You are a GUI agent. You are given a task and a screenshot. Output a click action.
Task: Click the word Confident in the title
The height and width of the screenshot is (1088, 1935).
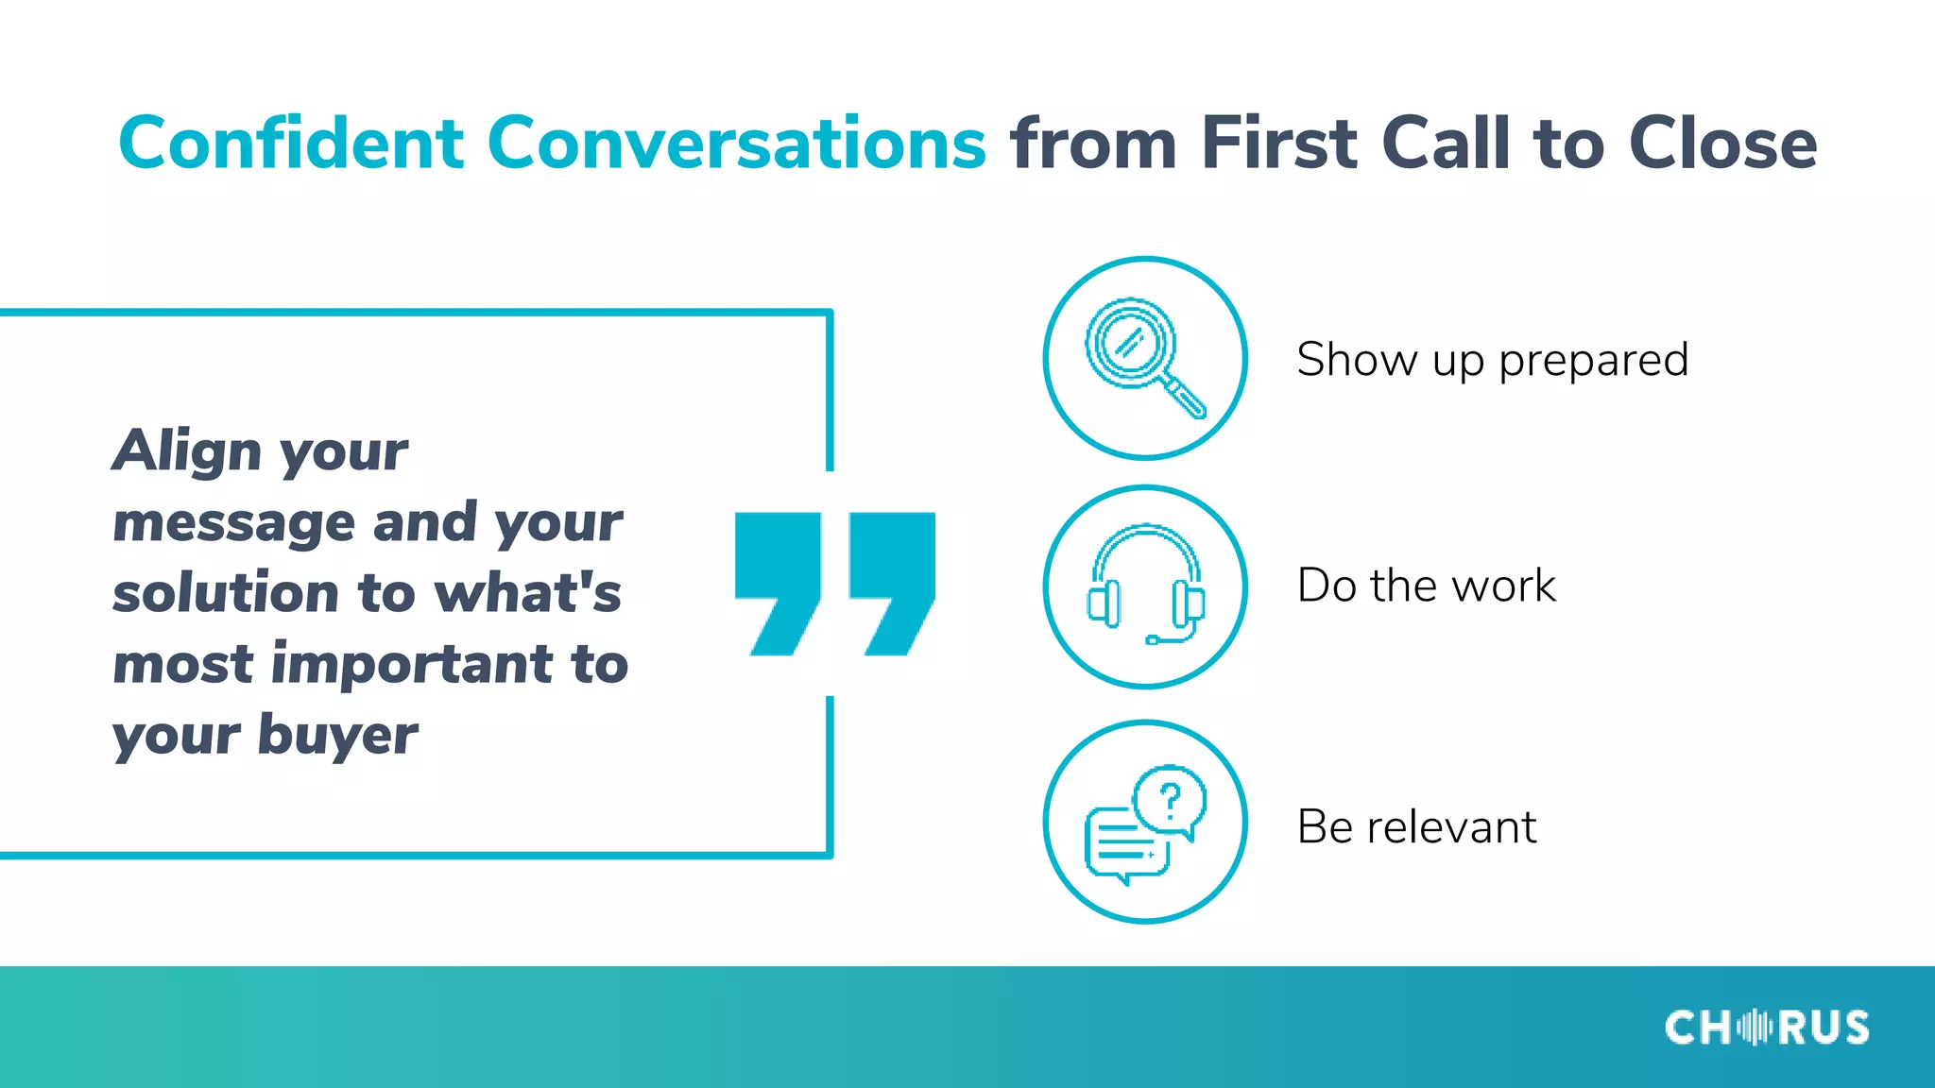[x=291, y=144]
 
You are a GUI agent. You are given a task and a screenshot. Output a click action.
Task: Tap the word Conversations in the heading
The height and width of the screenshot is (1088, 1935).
[x=737, y=144]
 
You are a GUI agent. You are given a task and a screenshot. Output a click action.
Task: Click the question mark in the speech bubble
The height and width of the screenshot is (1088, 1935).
[x=1170, y=801]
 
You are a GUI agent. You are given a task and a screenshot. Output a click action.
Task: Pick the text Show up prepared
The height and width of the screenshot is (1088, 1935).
[x=1492, y=360]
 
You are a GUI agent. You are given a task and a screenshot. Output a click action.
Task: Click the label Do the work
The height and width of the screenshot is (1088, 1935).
[x=1426, y=586]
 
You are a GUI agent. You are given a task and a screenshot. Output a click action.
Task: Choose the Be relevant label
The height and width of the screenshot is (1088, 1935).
[x=1416, y=827]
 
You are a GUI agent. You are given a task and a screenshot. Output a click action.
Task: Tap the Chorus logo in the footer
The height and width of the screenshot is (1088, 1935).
[x=1766, y=1028]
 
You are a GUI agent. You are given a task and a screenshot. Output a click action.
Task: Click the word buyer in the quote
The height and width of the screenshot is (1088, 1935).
[x=337, y=735]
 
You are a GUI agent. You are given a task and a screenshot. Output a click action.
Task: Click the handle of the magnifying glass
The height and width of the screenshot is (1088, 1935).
[x=1183, y=396]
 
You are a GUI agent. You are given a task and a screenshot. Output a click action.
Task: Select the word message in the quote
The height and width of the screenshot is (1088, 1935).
[x=233, y=522]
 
